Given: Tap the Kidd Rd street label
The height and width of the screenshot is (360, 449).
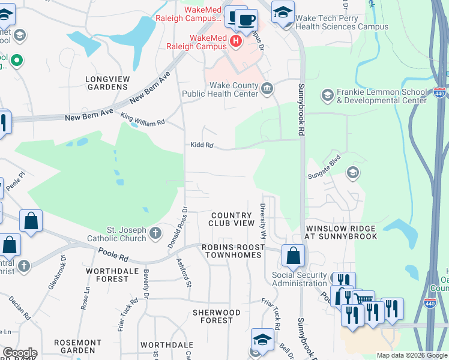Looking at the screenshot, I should pos(202,145).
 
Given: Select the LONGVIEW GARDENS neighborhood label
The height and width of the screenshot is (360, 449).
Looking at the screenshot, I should pos(106,83).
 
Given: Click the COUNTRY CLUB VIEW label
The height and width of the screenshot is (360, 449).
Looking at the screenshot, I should pos(232,219).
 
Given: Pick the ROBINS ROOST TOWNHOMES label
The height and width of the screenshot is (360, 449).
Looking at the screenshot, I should pos(233,251).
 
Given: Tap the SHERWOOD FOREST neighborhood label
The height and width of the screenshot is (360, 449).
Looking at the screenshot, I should pos(216,316).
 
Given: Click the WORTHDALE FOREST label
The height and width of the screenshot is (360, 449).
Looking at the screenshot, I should pos(108,275).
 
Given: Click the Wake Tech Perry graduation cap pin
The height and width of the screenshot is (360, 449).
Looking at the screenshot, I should pos(282,11).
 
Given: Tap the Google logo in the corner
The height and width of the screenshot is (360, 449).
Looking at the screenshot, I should pos(20,353).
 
